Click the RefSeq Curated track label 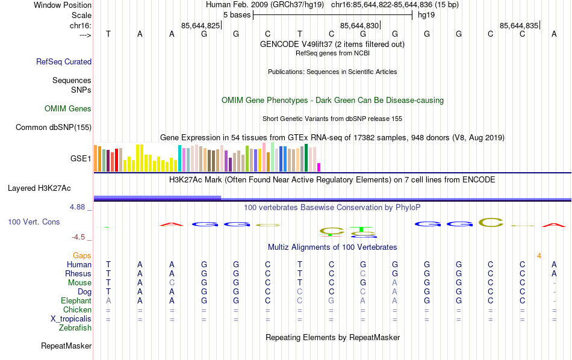click(x=64, y=61)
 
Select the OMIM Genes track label click(x=68, y=109)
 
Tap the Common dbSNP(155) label click(x=54, y=127)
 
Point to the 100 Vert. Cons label click(x=34, y=222)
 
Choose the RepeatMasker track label click(x=66, y=346)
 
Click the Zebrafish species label click(x=75, y=328)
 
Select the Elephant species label click(x=76, y=301)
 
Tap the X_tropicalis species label click(x=71, y=319)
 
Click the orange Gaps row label click(x=82, y=256)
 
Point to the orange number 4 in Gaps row click(x=539, y=256)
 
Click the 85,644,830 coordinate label click(x=359, y=26)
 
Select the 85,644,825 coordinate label click(x=201, y=26)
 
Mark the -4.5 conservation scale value click(x=79, y=237)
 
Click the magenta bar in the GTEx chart click(x=319, y=167)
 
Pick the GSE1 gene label click(x=81, y=159)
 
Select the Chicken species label click(x=77, y=310)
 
